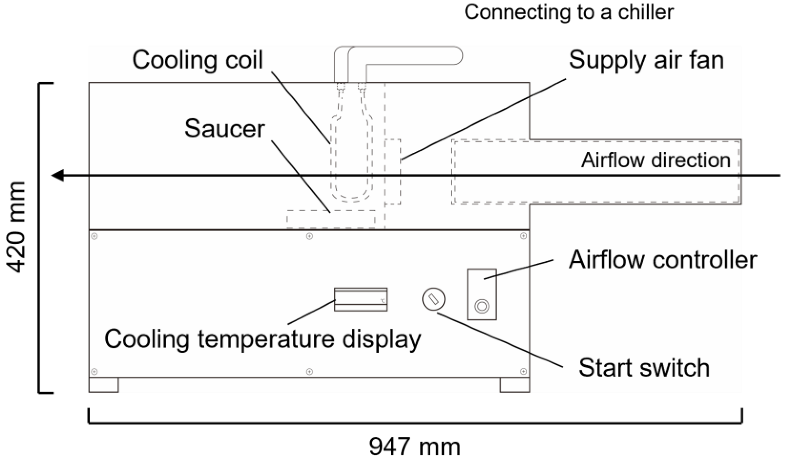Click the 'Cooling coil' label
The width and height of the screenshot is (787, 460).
click(197, 60)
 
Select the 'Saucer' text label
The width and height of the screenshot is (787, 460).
click(224, 129)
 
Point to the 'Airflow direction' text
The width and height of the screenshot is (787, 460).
click(656, 160)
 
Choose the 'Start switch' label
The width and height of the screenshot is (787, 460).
click(644, 368)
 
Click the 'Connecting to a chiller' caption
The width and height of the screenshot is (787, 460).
click(569, 12)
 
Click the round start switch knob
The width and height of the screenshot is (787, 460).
click(434, 299)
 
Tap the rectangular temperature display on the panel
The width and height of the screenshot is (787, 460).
click(360, 299)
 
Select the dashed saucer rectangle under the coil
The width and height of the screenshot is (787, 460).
click(331, 219)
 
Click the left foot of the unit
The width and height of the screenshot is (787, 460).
click(104, 385)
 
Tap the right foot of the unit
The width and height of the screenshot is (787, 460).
click(515, 385)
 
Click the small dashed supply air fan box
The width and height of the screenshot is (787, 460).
click(393, 171)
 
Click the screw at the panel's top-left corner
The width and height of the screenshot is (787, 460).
click(94, 236)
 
